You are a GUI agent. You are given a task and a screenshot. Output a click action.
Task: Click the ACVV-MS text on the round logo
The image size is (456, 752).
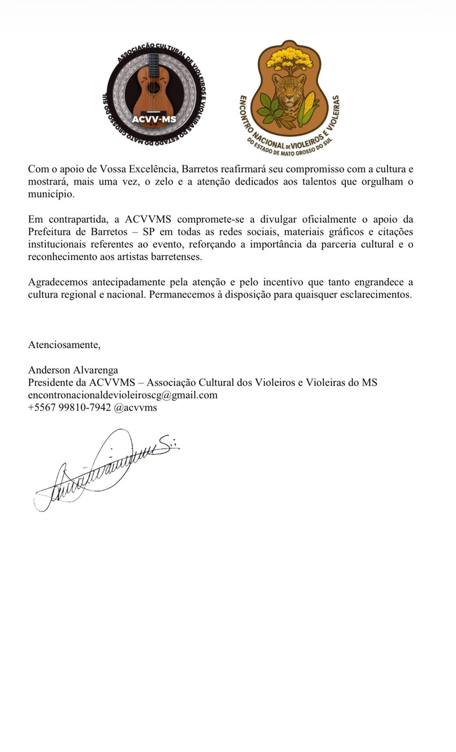point(154,119)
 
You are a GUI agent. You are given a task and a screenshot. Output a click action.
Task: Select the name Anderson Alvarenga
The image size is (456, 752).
point(73,370)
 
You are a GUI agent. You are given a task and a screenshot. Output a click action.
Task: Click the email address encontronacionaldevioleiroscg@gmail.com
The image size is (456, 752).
point(123,395)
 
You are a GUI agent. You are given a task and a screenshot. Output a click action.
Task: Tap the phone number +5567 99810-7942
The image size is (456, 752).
point(69,407)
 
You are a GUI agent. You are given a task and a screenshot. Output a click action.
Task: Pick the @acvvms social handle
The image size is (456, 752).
point(135,407)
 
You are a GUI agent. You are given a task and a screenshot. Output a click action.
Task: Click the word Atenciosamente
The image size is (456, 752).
point(64,345)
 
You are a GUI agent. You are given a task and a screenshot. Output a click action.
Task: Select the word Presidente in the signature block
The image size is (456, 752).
point(50,383)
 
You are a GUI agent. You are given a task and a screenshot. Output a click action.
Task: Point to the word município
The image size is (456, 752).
point(51,194)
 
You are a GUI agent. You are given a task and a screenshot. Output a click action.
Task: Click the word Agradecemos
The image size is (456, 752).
point(58,282)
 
